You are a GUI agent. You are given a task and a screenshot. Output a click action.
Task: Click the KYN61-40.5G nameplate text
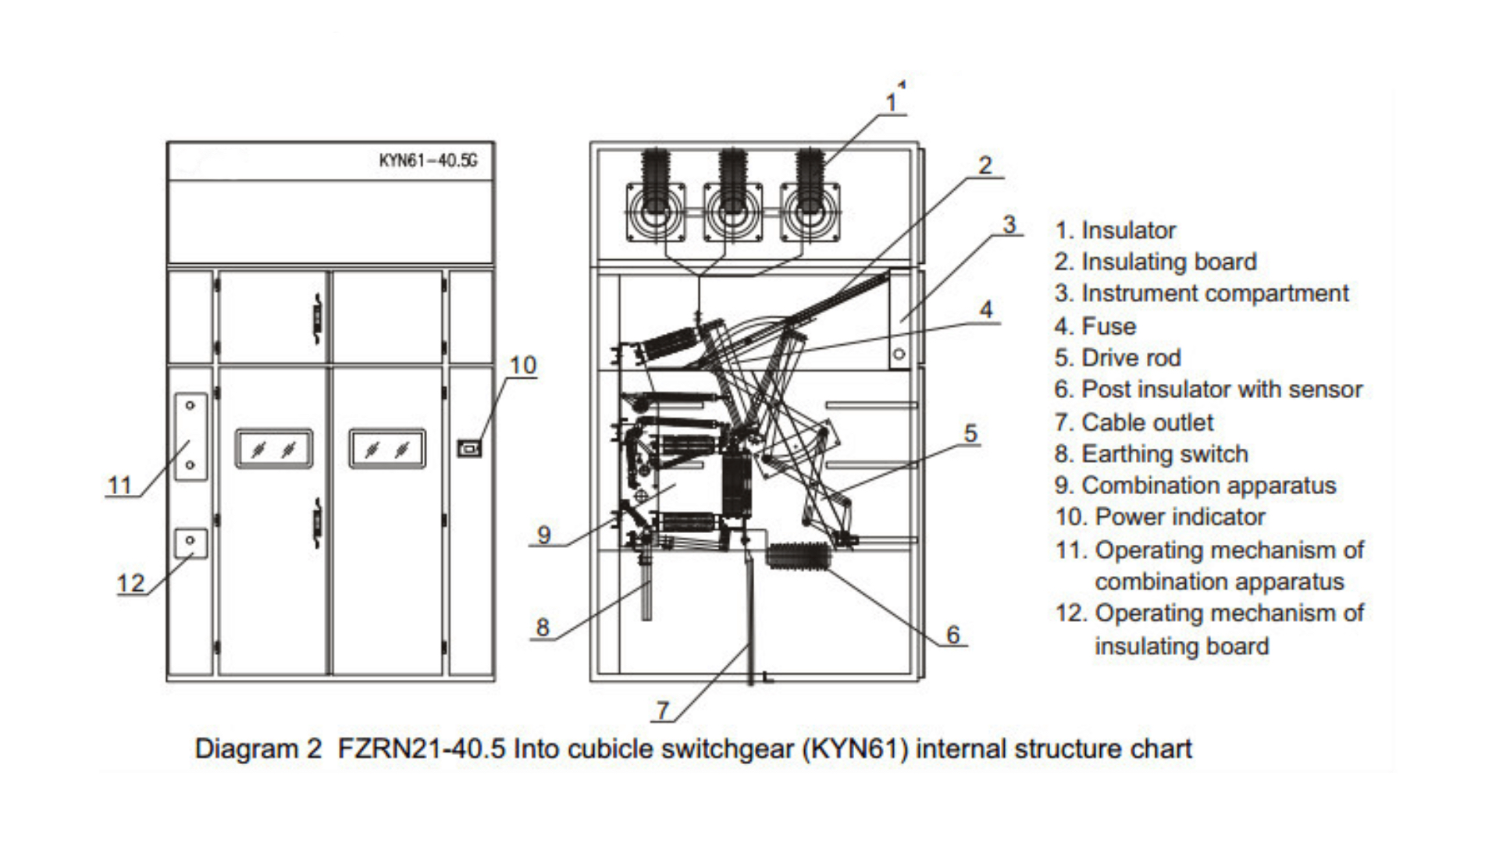pyautogui.click(x=428, y=161)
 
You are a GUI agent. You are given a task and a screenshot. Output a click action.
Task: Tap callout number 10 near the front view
pyautogui.click(x=522, y=365)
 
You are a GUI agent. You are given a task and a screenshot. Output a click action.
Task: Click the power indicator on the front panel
pyautogui.click(x=468, y=448)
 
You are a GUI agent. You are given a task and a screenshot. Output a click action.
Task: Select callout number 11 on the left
pyautogui.click(x=119, y=486)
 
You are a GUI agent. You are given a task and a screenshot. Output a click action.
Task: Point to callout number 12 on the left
pyautogui.click(x=130, y=583)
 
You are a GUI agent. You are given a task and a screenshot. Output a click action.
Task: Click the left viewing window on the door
pyautogui.click(x=274, y=449)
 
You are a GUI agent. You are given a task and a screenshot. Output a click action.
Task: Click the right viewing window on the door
pyautogui.click(x=387, y=449)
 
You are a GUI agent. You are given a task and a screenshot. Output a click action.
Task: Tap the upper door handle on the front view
pyautogui.click(x=317, y=318)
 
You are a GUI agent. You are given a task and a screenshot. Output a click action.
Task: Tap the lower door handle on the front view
pyautogui.click(x=317, y=522)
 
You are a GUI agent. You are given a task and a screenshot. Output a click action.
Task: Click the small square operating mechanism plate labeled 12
pyautogui.click(x=190, y=542)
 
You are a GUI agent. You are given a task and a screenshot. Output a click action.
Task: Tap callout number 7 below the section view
pyautogui.click(x=663, y=710)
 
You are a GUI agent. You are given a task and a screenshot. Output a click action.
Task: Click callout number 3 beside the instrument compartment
pyautogui.click(x=1009, y=225)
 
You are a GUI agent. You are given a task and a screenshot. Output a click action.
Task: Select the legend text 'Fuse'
pyautogui.click(x=1109, y=326)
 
